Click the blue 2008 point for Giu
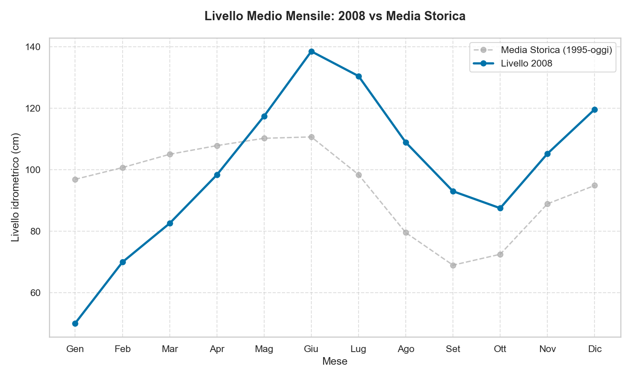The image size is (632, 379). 311,52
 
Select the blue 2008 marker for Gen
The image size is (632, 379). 75,323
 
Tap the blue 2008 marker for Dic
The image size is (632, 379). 595,109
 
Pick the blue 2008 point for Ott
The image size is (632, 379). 500,208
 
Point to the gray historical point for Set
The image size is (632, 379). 453,265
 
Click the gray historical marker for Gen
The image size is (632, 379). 75,179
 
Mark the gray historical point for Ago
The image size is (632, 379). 406,232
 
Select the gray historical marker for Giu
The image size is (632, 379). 311,137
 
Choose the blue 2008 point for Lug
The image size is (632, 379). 359,76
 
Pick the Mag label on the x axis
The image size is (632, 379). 264,349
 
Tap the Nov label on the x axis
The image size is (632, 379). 547,349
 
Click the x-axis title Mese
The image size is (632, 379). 335,361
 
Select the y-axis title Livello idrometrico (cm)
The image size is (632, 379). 16,187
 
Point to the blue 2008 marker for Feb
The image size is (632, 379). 123,262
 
